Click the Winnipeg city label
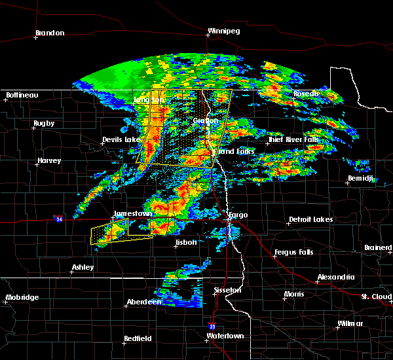(224, 31)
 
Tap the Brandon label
(50, 33)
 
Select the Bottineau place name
(22, 95)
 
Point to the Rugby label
(45, 123)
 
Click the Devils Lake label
(121, 140)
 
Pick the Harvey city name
(49, 160)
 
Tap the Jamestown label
(133, 214)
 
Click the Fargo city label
(237, 215)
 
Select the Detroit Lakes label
(310, 219)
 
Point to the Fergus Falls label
(294, 252)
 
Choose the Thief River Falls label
(293, 139)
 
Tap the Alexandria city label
(336, 278)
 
